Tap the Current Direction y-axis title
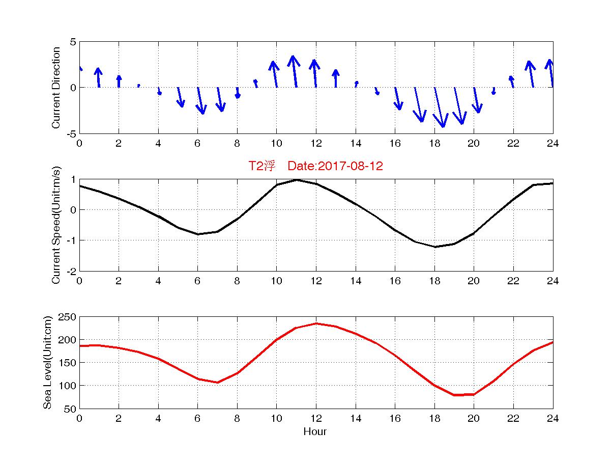(56, 88)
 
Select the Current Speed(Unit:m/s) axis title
(56, 225)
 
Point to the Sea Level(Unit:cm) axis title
(48, 363)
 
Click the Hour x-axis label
(315, 432)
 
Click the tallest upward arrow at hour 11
(294, 71)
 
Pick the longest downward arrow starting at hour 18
(439, 107)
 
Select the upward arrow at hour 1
(98, 77)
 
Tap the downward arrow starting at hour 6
(200, 101)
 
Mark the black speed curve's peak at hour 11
(296, 179)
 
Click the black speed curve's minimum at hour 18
(434, 247)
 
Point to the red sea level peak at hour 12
(316, 323)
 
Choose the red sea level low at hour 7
(217, 383)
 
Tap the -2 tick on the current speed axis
(70, 271)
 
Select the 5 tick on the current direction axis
(73, 42)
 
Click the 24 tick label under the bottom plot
(552, 419)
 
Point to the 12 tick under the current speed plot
(315, 281)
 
